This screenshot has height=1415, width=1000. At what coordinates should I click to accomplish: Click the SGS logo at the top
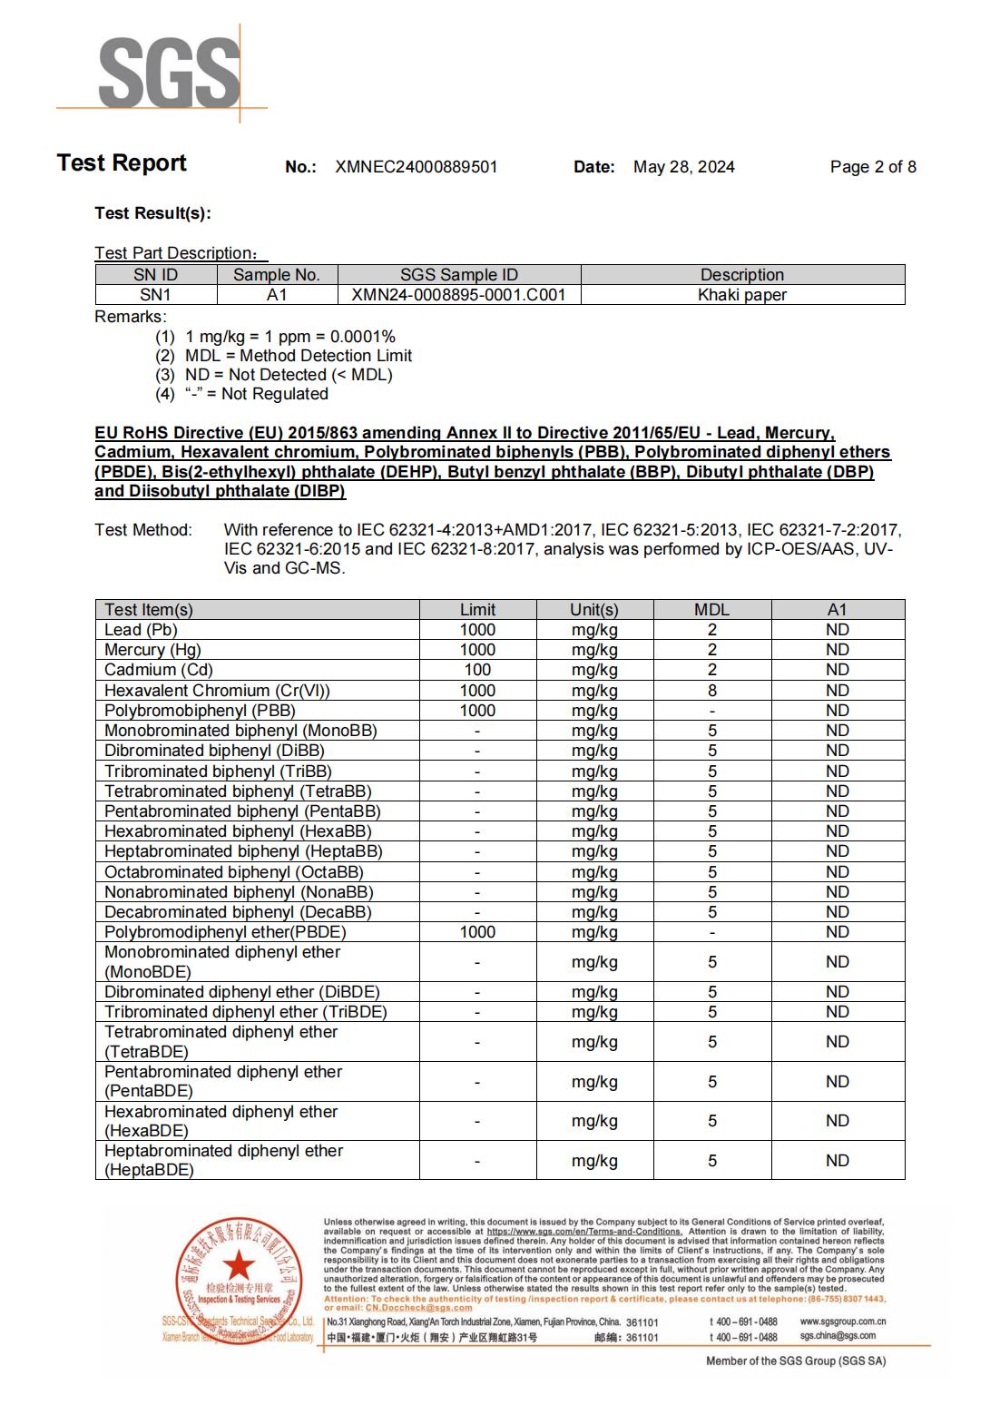click(x=169, y=73)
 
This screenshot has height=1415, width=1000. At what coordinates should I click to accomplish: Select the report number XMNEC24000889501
click(x=416, y=167)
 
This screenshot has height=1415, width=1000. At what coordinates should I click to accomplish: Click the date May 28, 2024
click(x=683, y=167)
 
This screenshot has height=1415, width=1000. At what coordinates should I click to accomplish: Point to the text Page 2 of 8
click(x=872, y=167)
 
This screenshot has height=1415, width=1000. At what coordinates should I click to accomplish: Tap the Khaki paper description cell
click(x=741, y=295)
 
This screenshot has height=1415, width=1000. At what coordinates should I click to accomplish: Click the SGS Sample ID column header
click(x=458, y=275)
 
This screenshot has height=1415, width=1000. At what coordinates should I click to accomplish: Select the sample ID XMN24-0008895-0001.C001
click(x=458, y=295)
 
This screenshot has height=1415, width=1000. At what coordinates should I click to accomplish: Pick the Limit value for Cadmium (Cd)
click(x=477, y=670)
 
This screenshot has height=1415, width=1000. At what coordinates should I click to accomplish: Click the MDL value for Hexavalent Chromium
click(x=711, y=691)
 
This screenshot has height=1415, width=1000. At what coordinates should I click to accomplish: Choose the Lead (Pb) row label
click(x=141, y=630)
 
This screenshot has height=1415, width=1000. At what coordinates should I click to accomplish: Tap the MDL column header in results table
click(x=711, y=610)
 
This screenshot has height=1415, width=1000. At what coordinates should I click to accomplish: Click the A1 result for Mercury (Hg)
click(x=837, y=650)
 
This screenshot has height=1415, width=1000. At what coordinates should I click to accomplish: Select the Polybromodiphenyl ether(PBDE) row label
click(x=225, y=932)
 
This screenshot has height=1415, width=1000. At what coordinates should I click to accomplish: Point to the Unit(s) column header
click(x=594, y=610)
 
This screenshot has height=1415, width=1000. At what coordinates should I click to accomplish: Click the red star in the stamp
click(x=239, y=1263)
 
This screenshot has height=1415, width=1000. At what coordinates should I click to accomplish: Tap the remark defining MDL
click(x=298, y=356)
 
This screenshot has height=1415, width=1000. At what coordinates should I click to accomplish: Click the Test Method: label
click(x=143, y=530)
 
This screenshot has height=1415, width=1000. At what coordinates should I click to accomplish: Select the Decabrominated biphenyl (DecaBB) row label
click(x=238, y=912)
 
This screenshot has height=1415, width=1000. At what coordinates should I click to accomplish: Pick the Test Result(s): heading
click(x=152, y=213)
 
